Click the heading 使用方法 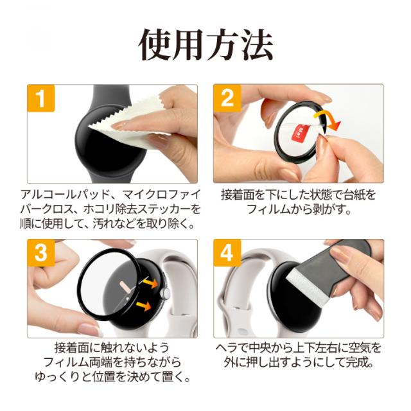tap(205, 45)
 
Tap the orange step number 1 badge tap(41, 98)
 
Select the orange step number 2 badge tap(227, 98)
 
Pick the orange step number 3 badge tap(41, 252)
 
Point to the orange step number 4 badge tap(227, 252)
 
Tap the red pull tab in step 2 tap(300, 133)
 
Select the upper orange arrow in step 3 tap(150, 283)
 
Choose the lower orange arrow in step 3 tap(144, 306)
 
